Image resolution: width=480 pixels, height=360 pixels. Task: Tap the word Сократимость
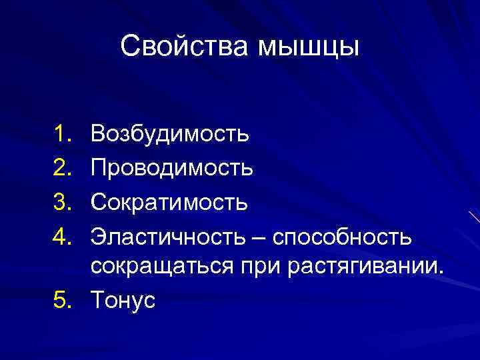tap(170, 202)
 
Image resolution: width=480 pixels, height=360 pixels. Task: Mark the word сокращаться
tap(162, 267)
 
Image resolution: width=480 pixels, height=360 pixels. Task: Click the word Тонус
tap(123, 301)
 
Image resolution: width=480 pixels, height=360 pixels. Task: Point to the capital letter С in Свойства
tap(131, 47)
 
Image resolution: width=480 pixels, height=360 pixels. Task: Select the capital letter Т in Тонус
tap(99, 301)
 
